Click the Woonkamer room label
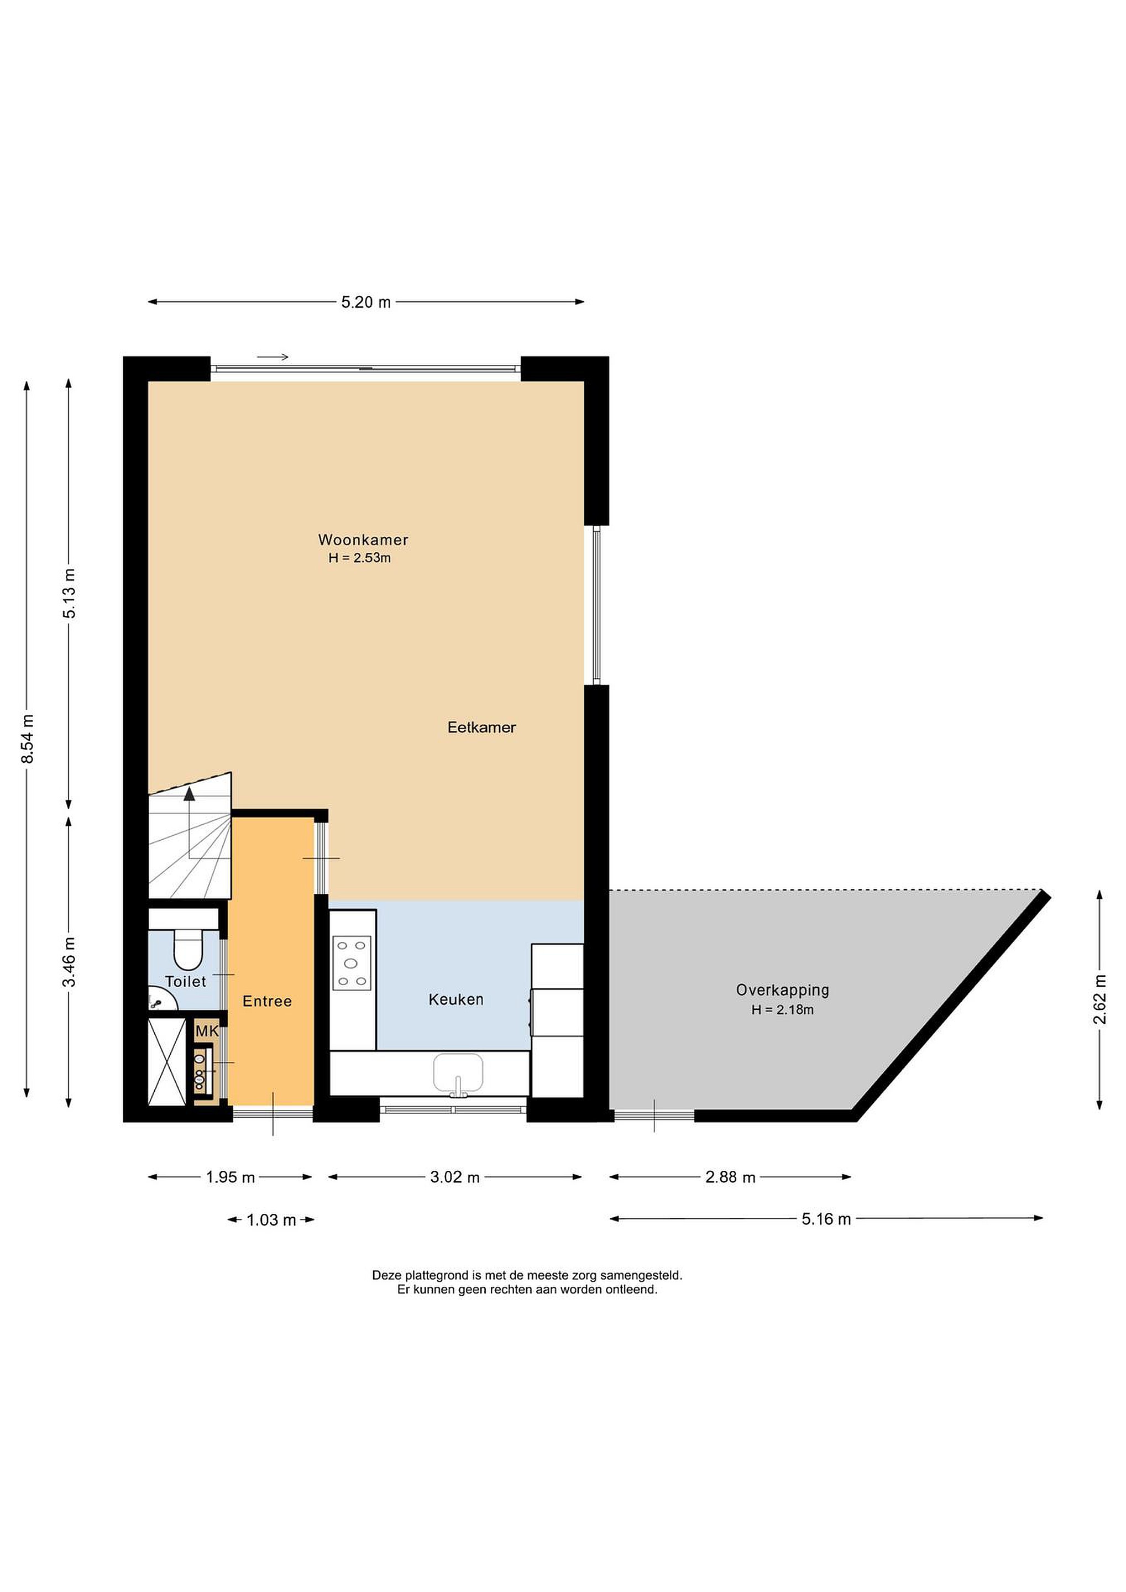point(363,540)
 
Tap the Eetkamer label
point(482,727)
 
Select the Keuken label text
point(455,999)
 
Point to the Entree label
point(267,1001)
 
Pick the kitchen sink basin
point(458,1072)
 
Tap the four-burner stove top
point(352,962)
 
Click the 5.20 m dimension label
point(365,302)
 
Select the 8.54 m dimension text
point(28,739)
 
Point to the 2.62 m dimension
point(1099,999)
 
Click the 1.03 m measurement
point(271,1219)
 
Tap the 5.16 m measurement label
point(826,1219)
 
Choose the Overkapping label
point(782,990)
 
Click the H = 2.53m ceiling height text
point(359,558)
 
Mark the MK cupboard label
point(207,1031)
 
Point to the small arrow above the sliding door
point(273,357)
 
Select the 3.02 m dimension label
point(455,1177)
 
